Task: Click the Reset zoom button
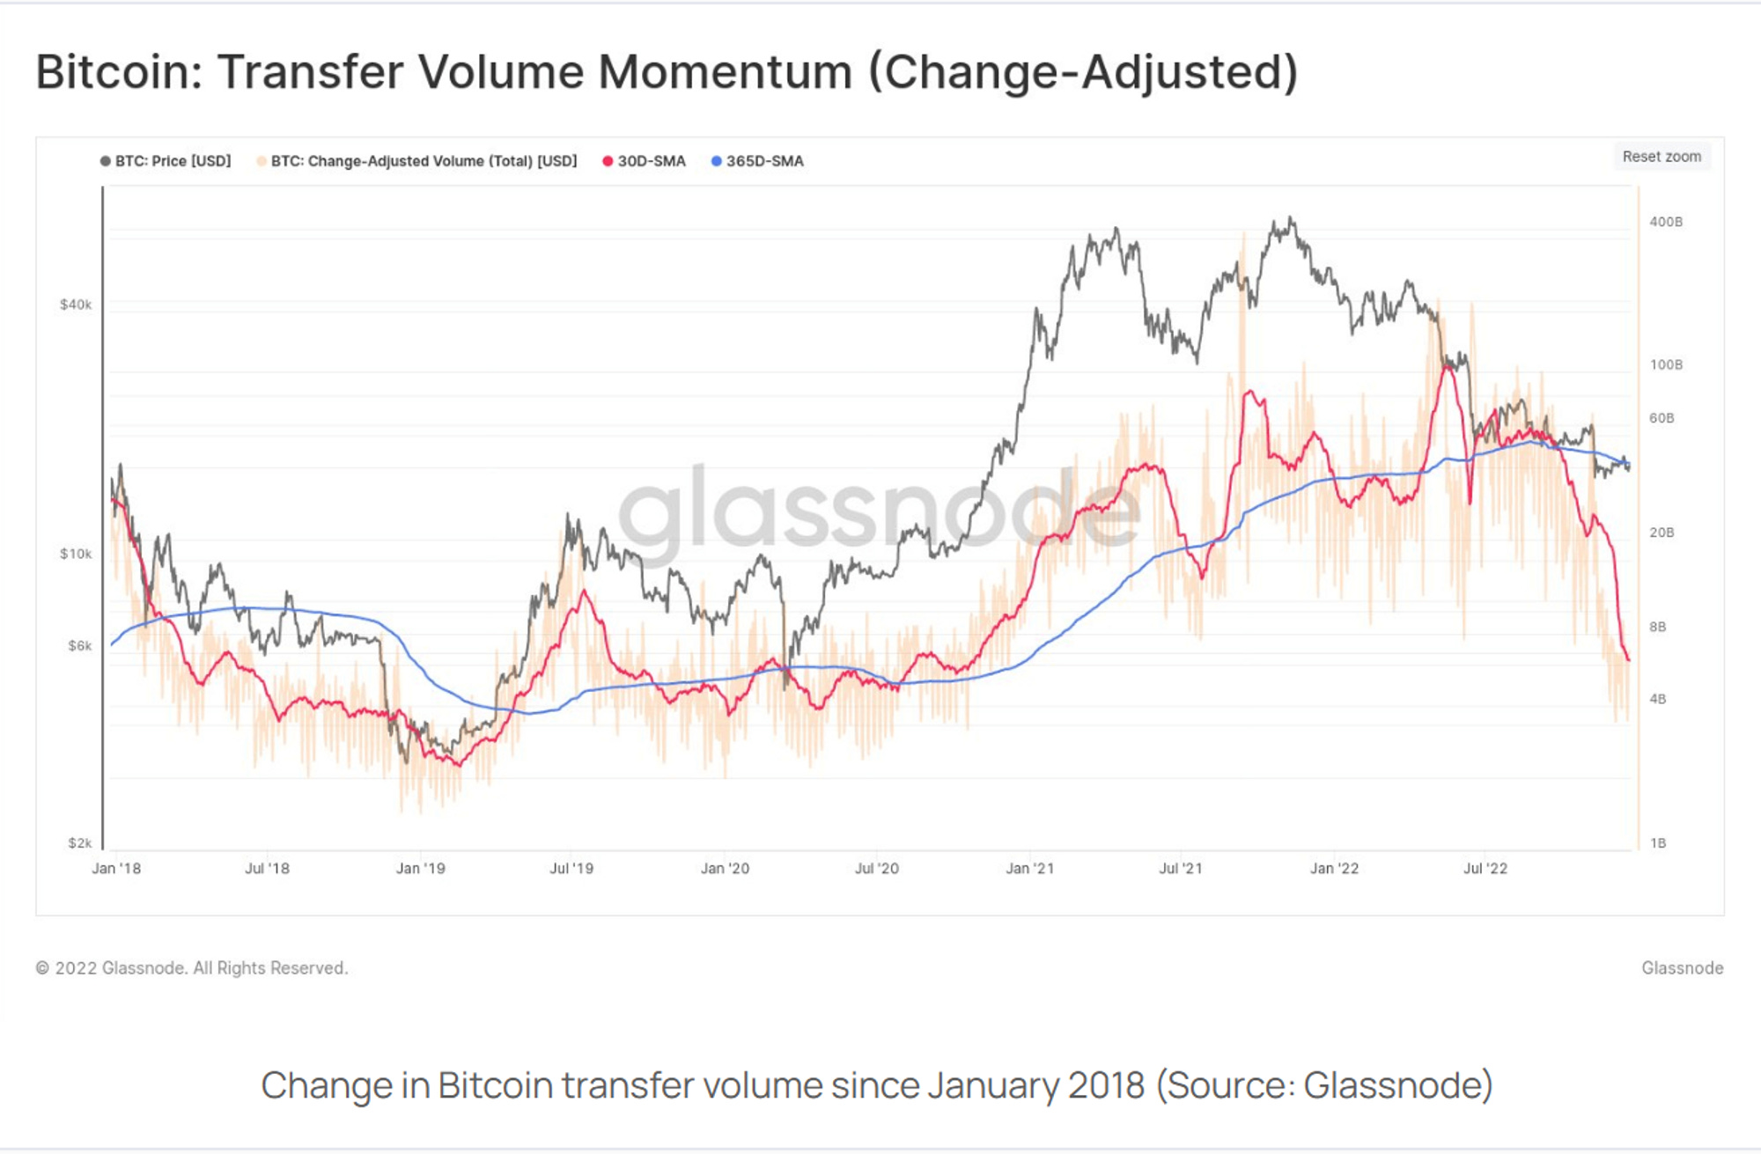(x=1662, y=157)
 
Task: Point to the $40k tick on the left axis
(x=76, y=305)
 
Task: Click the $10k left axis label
(x=76, y=554)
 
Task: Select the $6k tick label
(x=79, y=645)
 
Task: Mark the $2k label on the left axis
(x=79, y=842)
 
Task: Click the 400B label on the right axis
(x=1665, y=222)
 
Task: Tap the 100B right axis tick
(x=1665, y=364)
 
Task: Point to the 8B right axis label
(x=1657, y=627)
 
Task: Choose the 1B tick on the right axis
(x=1657, y=842)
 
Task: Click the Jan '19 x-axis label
(x=420, y=869)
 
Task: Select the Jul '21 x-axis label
(x=1180, y=869)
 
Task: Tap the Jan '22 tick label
(x=1334, y=869)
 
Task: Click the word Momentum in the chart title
(x=725, y=72)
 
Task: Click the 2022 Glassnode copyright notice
(x=192, y=967)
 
